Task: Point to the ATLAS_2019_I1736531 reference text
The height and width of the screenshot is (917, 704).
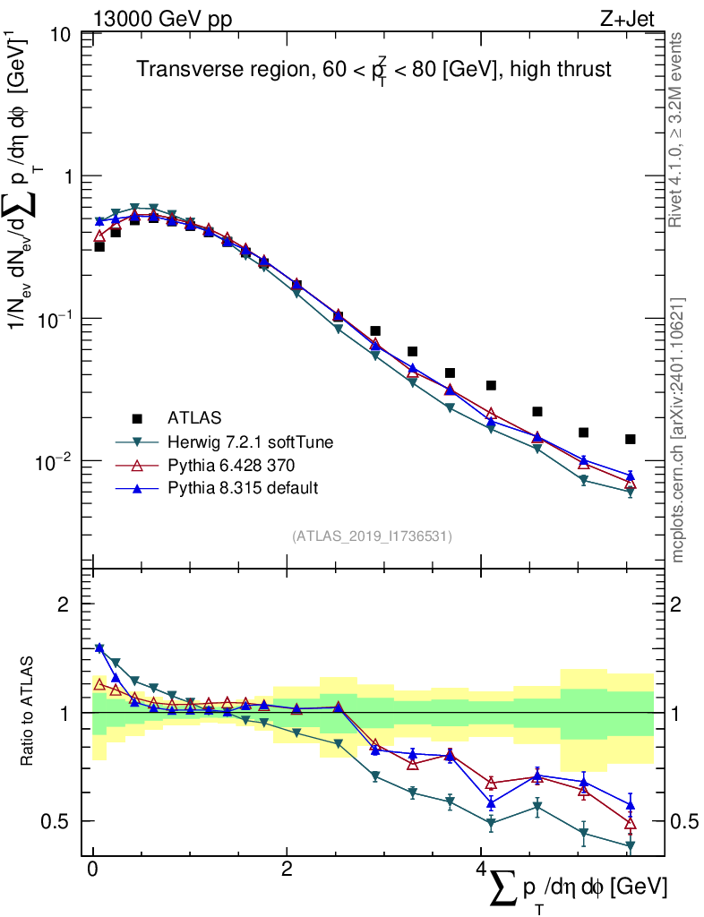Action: point(372,536)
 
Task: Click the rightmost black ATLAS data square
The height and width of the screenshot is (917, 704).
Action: point(631,439)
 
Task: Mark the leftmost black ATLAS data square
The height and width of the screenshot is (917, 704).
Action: point(99,246)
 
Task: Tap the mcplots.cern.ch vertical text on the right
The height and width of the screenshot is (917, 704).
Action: point(678,430)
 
